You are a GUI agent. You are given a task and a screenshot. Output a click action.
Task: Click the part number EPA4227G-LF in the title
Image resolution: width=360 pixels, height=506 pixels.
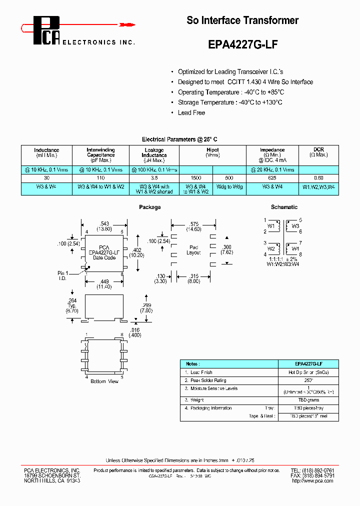coord(242,44)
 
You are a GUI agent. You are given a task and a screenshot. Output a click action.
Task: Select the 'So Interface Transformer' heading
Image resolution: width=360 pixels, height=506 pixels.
coord(242,20)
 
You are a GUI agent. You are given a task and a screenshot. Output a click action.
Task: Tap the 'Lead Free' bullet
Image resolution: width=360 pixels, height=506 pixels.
coord(191,112)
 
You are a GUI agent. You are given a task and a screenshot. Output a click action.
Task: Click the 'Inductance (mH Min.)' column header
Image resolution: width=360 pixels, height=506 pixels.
coord(46,152)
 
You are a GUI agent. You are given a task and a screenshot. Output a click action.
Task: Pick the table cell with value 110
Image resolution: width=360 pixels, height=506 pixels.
coord(100,178)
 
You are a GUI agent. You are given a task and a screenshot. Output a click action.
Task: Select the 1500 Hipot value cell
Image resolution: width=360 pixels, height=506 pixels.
coord(196,178)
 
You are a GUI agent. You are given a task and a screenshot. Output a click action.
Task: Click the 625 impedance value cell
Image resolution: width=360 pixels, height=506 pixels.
coord(272,178)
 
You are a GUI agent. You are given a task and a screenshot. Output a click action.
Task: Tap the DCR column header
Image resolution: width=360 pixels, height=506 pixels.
coord(318,152)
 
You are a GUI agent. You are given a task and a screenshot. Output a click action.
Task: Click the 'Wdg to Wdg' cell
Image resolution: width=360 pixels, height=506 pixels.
coord(229,186)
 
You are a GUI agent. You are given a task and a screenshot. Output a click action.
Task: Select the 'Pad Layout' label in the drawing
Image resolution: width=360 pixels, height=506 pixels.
coord(194,250)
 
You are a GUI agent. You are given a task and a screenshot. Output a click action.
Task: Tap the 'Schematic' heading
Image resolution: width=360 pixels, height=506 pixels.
coord(284,207)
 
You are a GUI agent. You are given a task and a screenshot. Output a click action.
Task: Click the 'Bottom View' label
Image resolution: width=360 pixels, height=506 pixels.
coord(104,381)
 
